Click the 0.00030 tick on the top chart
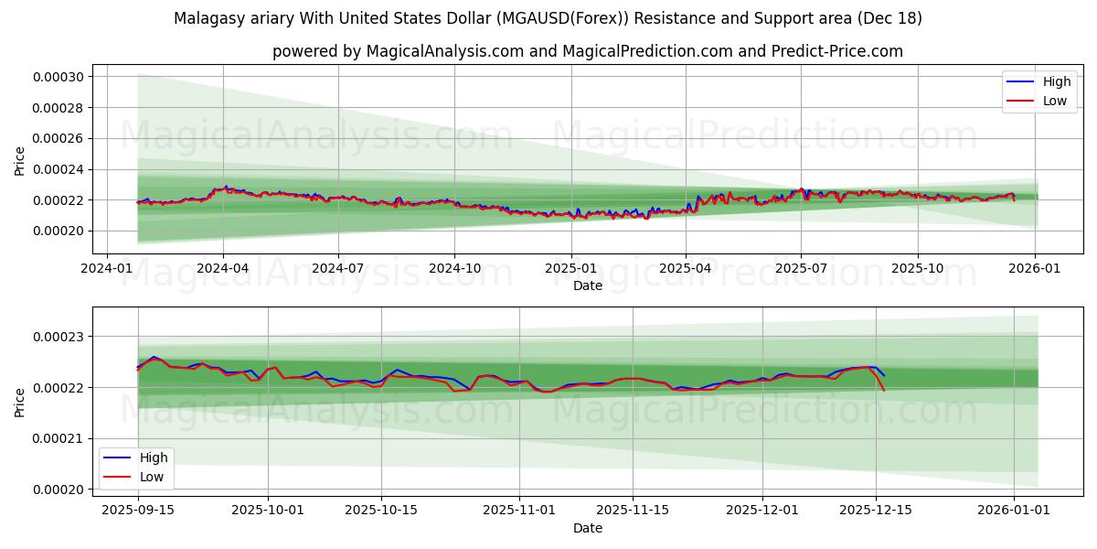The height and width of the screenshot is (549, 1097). pos(59,77)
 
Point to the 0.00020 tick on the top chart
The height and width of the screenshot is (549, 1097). pos(59,231)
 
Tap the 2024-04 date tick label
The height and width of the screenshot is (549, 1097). pos(223,268)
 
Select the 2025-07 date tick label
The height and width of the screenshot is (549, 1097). pos(801,268)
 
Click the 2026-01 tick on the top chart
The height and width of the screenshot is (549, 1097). pos(1034,268)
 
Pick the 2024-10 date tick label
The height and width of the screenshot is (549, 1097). pos(454,268)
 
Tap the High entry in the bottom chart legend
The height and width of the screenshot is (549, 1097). pos(153,457)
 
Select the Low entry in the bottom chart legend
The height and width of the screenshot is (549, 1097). pos(152,476)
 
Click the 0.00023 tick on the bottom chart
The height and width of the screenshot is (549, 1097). pos(59,338)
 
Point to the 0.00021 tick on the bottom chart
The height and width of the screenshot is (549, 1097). pos(59,439)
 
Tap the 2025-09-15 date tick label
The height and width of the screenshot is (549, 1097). pos(138,510)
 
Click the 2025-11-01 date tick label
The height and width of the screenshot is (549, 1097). pos(519,510)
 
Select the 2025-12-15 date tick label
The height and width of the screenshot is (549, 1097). pos(876,510)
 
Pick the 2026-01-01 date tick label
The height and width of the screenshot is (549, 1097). pos(1014,510)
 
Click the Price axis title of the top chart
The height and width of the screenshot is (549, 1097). pos(20,161)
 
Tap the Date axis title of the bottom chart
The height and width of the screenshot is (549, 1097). pos(587,528)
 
